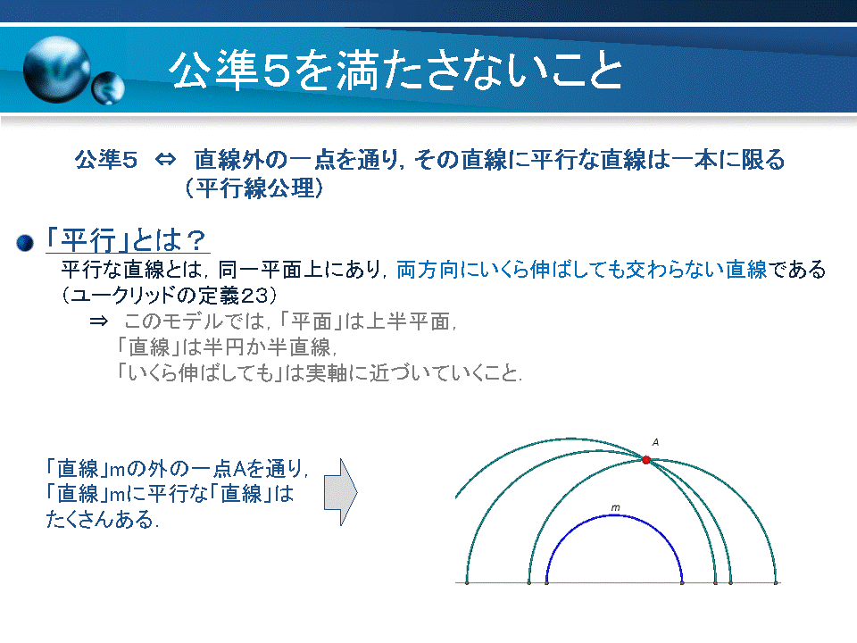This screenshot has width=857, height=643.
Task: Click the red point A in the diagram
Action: (646, 460)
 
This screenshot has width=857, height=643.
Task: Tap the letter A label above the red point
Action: (655, 442)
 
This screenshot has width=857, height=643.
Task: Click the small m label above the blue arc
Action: (615, 508)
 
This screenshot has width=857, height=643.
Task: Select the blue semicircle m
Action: (614, 515)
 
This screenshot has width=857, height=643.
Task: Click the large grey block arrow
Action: (340, 492)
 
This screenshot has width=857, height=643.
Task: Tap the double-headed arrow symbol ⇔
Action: (166, 160)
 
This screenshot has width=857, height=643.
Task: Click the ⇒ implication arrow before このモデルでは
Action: (99, 321)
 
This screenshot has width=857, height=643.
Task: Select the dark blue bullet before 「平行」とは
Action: (25, 243)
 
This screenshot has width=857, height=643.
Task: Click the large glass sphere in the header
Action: (57, 70)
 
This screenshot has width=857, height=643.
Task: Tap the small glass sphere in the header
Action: (108, 88)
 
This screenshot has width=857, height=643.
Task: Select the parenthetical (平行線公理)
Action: (254, 188)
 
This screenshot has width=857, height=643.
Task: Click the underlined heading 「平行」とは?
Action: (127, 240)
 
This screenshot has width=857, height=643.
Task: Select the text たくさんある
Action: (102, 519)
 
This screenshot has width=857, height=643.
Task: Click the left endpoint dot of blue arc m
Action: (546, 583)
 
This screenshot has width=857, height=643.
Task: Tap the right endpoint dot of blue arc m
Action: (682, 583)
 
